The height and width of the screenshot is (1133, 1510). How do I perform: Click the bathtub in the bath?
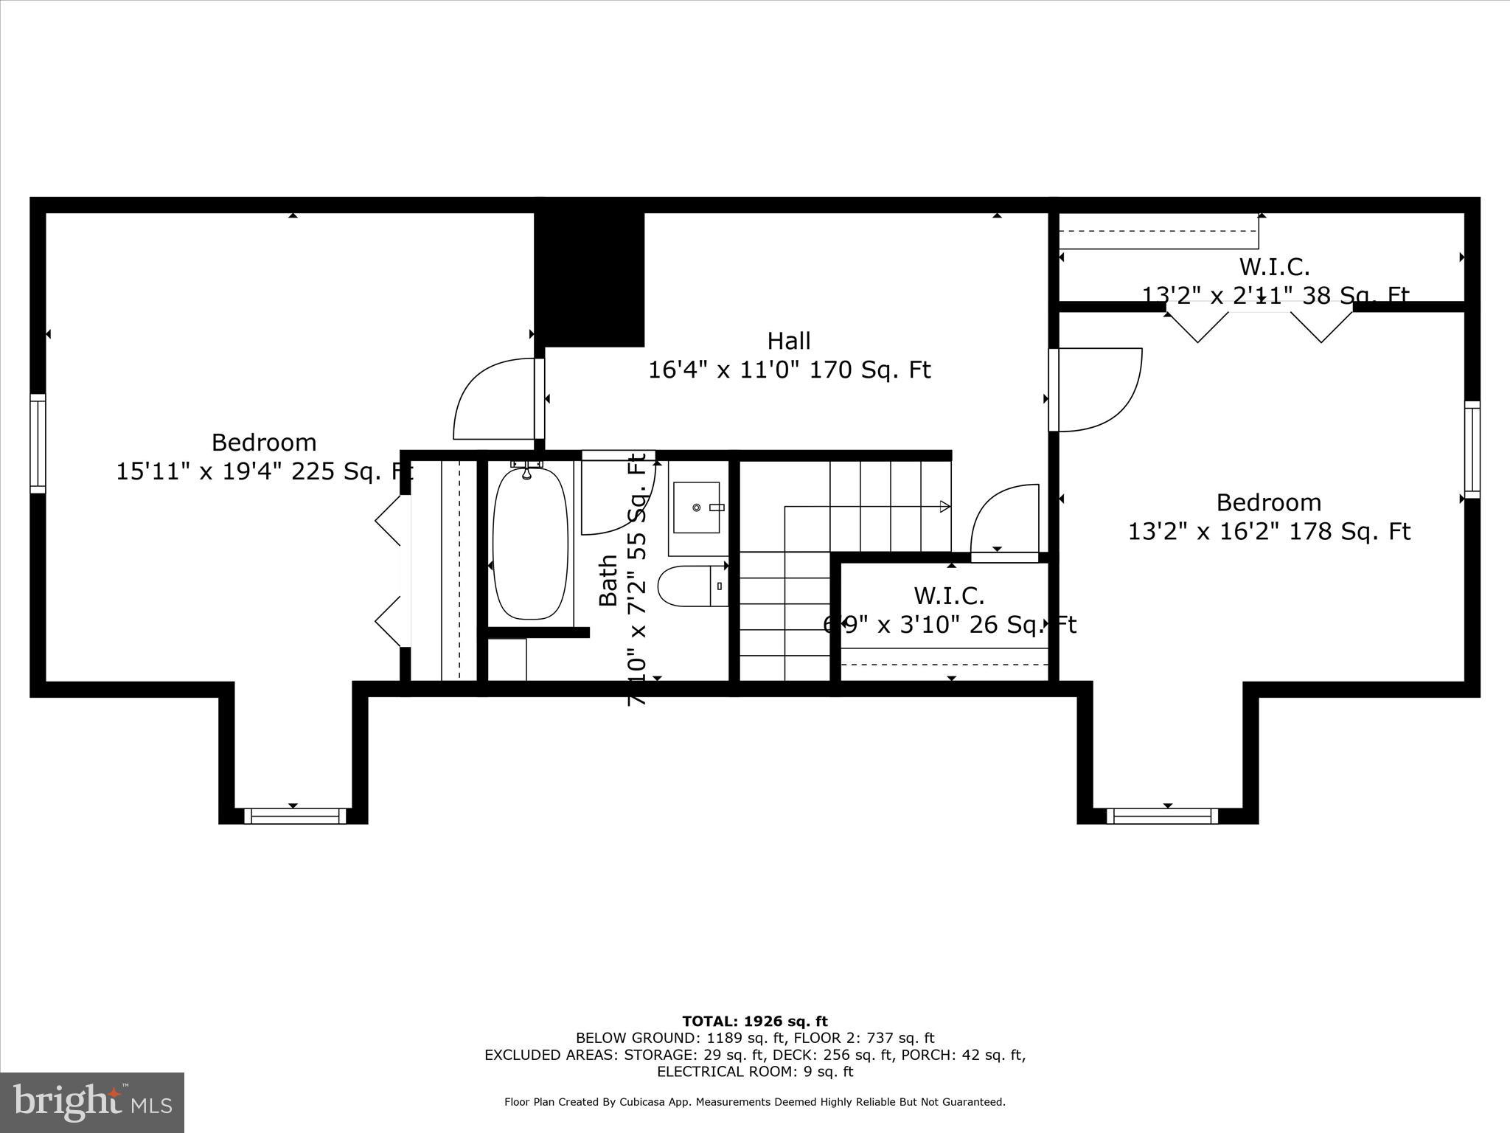pos(530,543)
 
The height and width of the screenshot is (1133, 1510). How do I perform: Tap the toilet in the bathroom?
pos(690,586)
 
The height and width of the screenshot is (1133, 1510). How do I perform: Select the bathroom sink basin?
pos(697,507)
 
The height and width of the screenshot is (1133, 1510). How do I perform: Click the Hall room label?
pos(789,341)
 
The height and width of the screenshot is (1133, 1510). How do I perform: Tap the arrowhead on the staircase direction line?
pos(944,506)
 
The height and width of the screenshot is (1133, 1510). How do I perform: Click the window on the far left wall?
pos(38,443)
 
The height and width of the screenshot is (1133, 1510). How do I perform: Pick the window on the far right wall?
pos(1472,449)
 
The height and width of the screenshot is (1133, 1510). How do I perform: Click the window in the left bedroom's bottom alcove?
pos(295,816)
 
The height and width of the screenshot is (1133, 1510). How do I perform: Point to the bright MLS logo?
pos(92,1102)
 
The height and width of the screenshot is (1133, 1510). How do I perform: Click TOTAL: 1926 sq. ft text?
pos(755,1022)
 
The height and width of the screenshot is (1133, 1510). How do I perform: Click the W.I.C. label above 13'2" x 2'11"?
pos(1274,267)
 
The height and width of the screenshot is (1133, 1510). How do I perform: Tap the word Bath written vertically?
pos(608,581)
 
